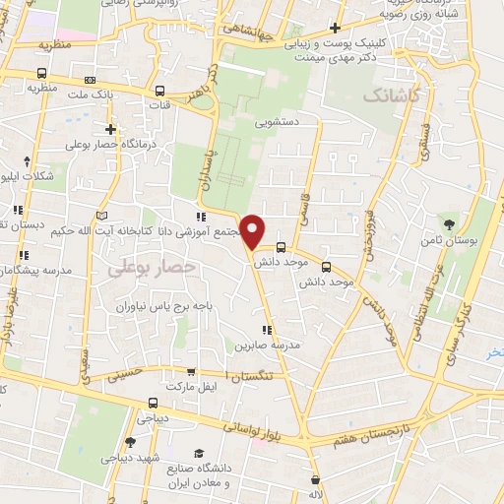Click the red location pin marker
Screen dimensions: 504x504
pyautogui.click(x=253, y=232)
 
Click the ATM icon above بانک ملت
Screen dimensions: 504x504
pyautogui.click(x=91, y=80)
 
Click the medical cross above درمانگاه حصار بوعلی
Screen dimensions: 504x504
pyautogui.click(x=111, y=129)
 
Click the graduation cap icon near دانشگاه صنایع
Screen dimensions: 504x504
pyautogui.click(x=200, y=452)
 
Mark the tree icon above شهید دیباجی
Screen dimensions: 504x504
pyautogui.click(x=131, y=442)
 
